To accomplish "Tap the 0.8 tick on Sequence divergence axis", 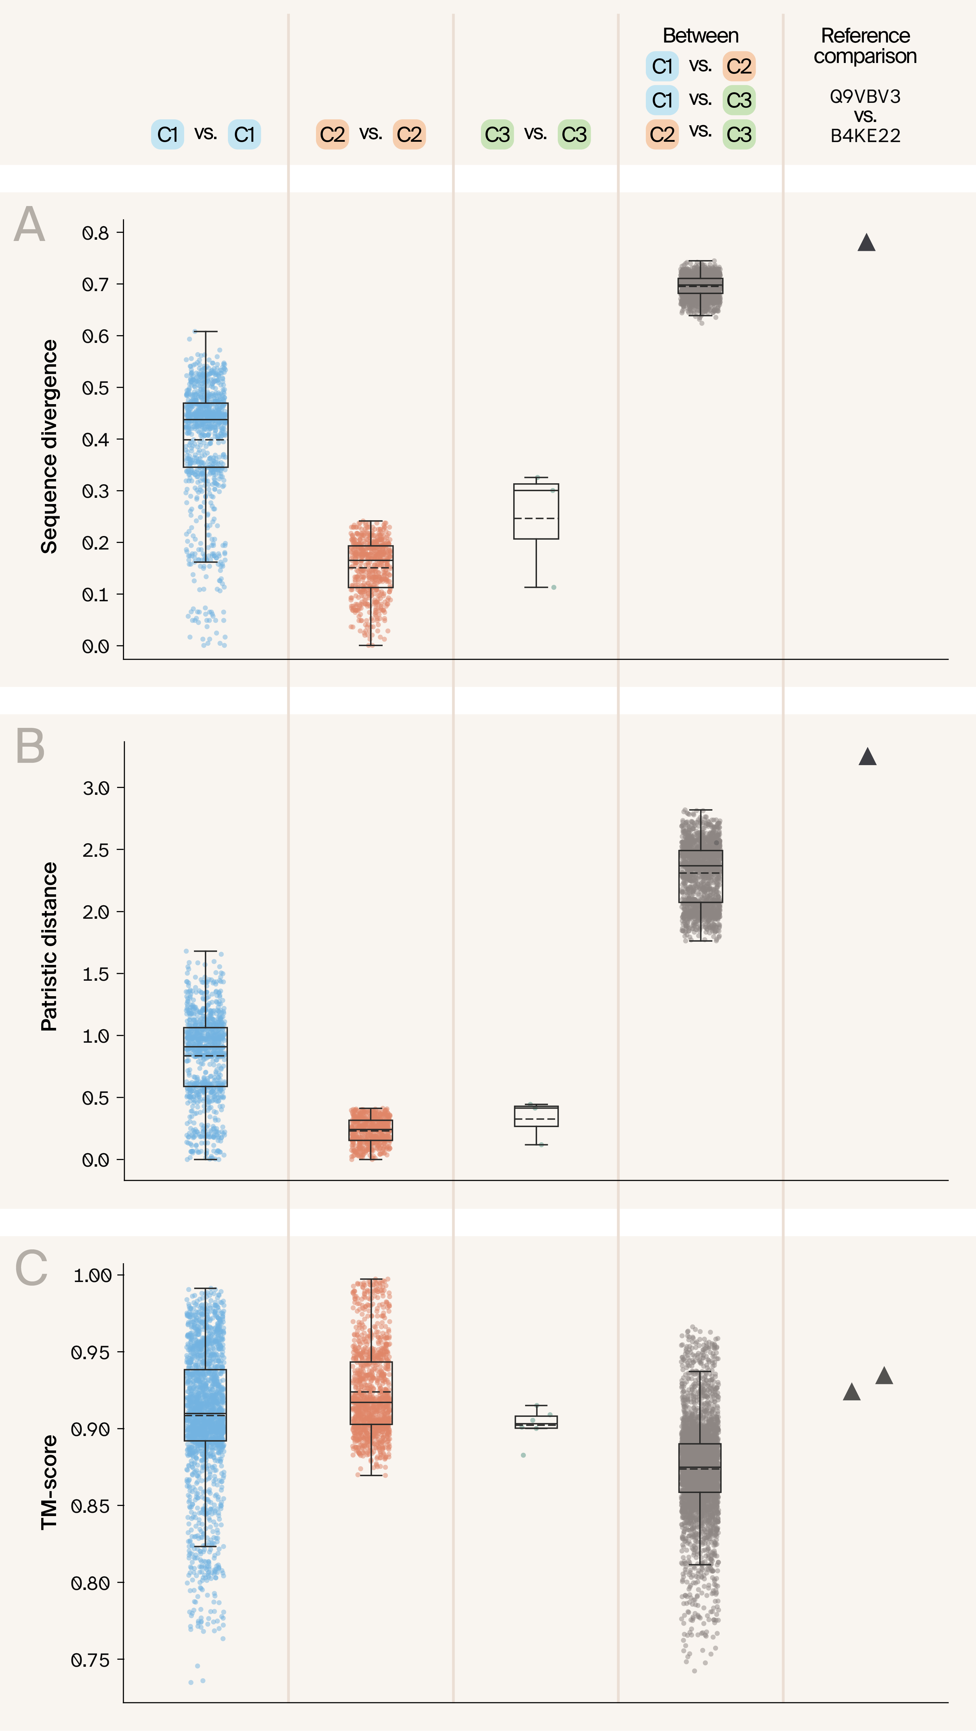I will coord(95,233).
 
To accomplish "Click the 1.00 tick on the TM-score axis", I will coord(92,1275).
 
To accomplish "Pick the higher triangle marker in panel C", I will coord(884,1376).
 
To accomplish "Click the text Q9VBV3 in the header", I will coord(865,96).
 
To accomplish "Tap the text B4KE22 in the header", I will coord(865,136).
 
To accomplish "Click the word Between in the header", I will coord(700,36).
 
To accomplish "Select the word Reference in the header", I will coord(865,36).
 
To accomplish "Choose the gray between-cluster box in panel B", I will coord(700,876).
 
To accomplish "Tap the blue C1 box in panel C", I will coord(205,1404).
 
